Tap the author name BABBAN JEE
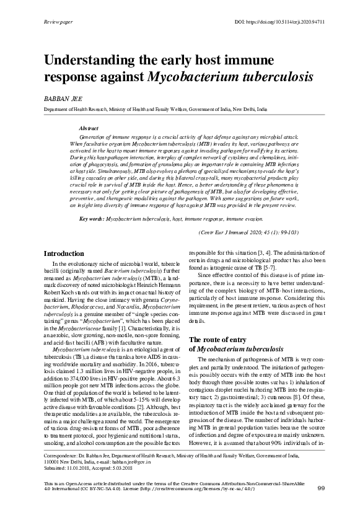(x=61, y=99)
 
